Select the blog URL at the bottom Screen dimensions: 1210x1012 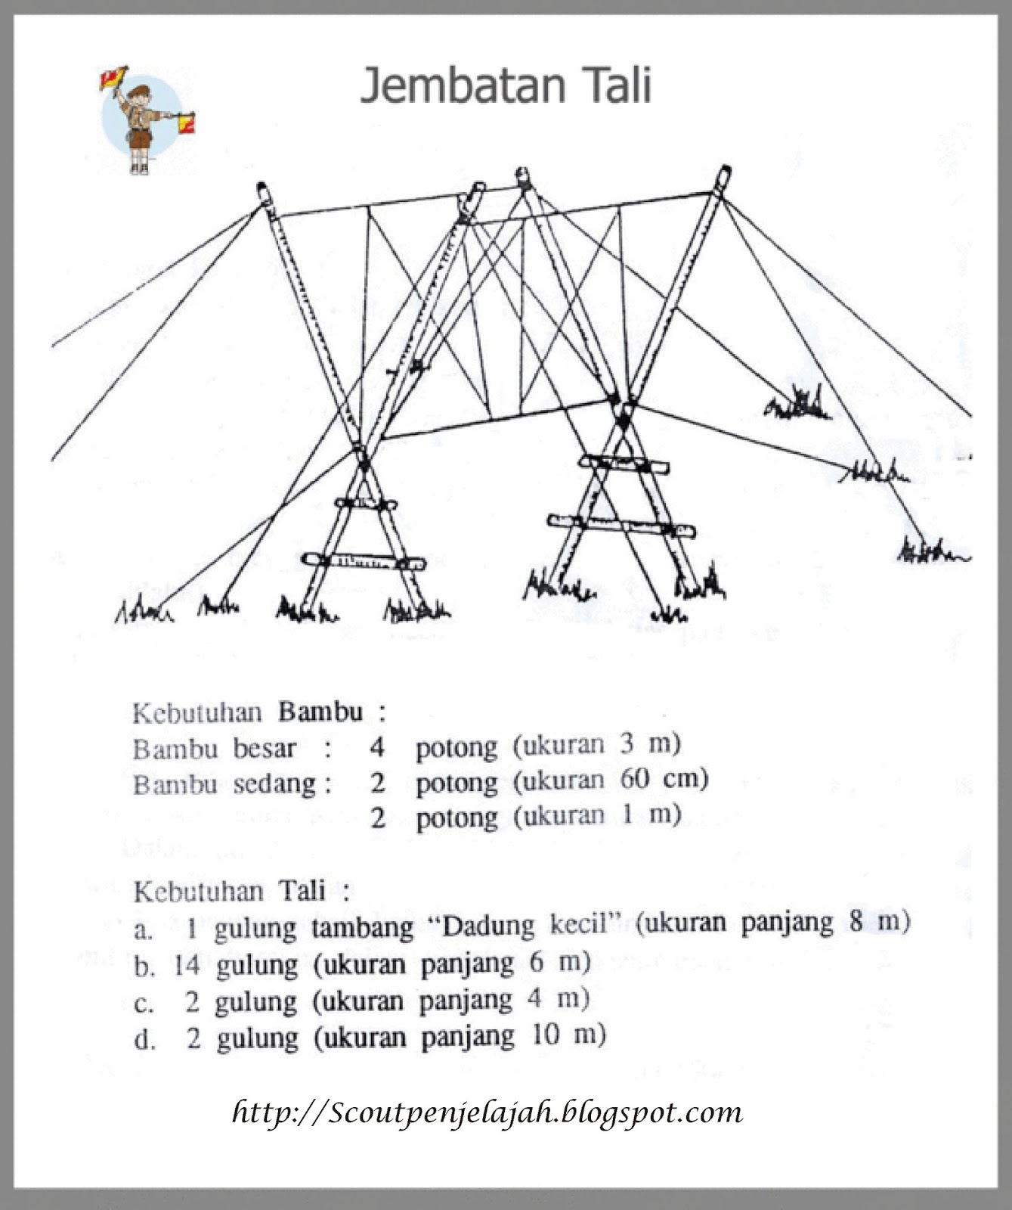[487, 1112]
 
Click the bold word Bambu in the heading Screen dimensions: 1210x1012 [320, 712]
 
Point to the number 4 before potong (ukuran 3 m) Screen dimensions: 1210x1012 [377, 747]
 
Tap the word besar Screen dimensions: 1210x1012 [264, 749]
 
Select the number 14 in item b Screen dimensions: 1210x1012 [187, 965]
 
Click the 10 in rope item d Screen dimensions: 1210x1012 [546, 1035]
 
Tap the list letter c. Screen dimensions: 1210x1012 [144, 1004]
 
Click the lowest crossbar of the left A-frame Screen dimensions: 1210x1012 [363, 562]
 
